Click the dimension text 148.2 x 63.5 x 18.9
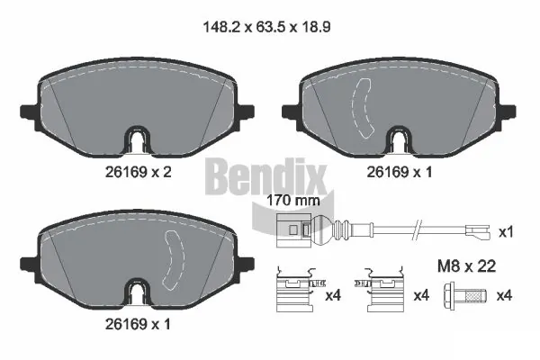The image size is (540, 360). [267, 27]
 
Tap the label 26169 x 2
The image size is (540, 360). [138, 172]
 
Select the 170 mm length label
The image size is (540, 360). [293, 200]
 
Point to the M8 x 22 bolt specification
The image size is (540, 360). [466, 266]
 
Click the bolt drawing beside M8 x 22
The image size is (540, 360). [465, 295]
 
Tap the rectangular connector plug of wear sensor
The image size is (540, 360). [294, 230]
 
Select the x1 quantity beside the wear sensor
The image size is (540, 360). [506, 232]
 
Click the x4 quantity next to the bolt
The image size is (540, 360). [504, 295]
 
